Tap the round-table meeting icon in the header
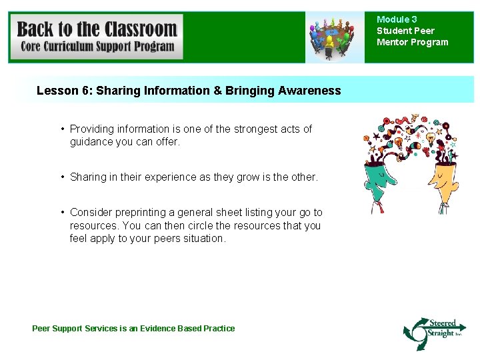pos(331,37)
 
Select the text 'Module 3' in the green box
pos(397,19)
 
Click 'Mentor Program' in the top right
pos(413,42)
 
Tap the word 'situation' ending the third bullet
pos(203,239)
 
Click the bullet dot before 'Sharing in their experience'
pos(62,177)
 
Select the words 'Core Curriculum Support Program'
pos(97,47)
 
